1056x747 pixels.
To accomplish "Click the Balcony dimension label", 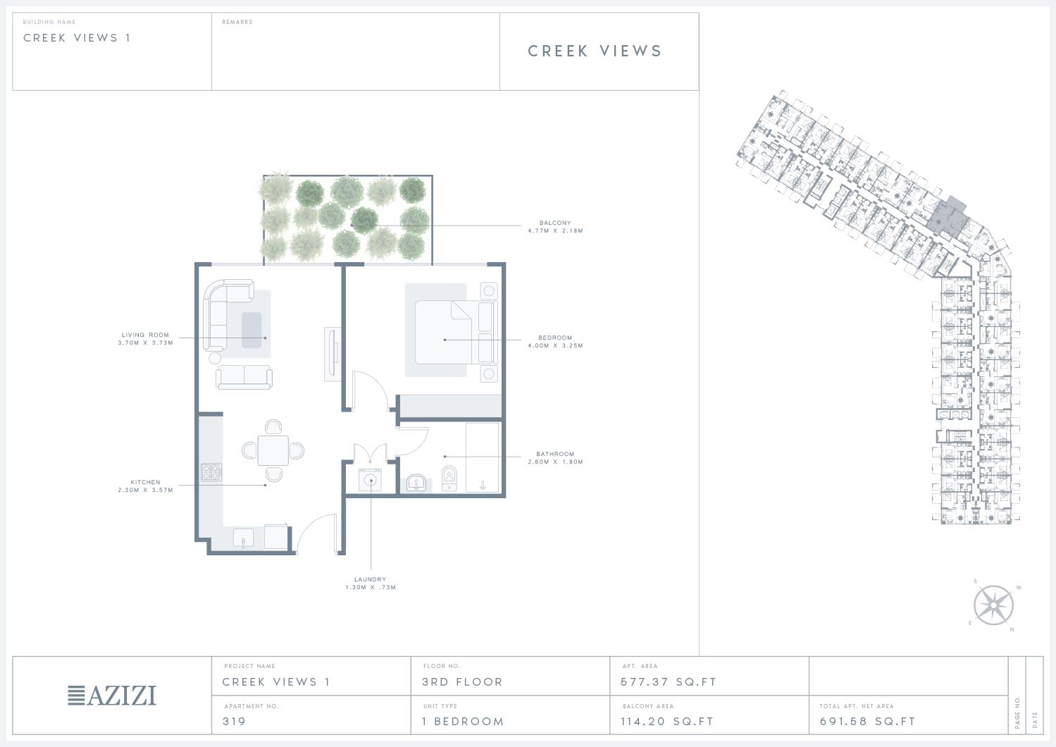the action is click(x=555, y=227).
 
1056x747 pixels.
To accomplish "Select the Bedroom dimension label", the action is click(x=555, y=341).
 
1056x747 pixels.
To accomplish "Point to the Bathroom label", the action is click(x=555, y=458).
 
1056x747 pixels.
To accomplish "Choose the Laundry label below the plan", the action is click(x=371, y=584).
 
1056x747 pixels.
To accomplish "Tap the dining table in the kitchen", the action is click(x=273, y=451).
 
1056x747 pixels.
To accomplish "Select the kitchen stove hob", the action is click(x=211, y=472).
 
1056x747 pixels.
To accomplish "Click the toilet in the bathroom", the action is click(x=449, y=479).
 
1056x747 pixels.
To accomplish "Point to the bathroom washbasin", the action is click(x=416, y=483).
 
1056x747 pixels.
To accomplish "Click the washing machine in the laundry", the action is click(x=371, y=480).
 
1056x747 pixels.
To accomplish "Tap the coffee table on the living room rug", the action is click(x=251, y=330).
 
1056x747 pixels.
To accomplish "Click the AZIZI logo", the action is click(x=112, y=696).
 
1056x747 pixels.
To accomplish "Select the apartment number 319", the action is click(x=235, y=722).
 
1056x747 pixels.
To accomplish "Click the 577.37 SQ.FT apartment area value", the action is click(x=669, y=682).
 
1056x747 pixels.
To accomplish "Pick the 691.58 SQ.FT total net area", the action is click(x=867, y=722).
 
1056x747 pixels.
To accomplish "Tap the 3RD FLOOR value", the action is click(x=462, y=682).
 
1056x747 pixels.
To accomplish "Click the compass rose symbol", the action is click(x=993, y=605).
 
